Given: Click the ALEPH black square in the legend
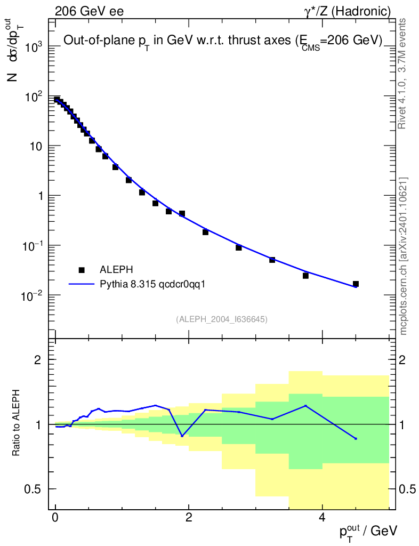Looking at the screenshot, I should click(82, 270).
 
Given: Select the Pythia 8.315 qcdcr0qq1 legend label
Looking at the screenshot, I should click(152, 284).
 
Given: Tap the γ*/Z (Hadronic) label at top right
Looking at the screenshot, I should click(347, 11).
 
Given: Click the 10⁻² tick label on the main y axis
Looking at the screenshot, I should click(31, 295).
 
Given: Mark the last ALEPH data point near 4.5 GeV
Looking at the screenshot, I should click(356, 284).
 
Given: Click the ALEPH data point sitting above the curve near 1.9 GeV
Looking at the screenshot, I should click(182, 213).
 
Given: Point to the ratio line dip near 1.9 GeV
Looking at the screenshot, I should click(182, 436).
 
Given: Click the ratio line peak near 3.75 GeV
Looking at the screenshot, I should click(305, 406).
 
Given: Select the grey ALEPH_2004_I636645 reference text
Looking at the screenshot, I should click(221, 319).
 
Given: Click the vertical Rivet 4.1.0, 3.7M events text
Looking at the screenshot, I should click(403, 73).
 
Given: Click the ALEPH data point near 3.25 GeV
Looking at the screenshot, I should click(272, 260).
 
